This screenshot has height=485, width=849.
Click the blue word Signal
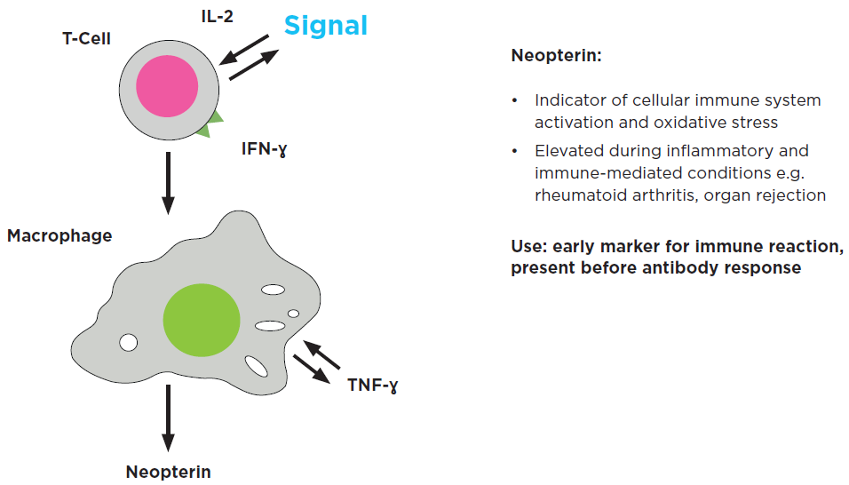coord(325,26)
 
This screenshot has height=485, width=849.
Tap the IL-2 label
coord(218,15)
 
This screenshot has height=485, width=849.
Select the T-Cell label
coord(86,39)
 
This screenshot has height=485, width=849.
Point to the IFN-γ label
coord(264,148)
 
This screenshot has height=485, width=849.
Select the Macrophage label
coord(60,236)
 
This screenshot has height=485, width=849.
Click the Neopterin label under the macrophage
coord(169,472)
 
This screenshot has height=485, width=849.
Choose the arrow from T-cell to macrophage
coord(167,183)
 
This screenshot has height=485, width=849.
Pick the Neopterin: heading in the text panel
coord(557,56)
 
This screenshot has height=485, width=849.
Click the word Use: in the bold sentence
coord(530,245)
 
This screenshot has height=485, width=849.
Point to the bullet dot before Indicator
coord(515,100)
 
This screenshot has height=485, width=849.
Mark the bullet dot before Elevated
coord(515,151)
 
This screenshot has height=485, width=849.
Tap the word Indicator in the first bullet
coord(568,100)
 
